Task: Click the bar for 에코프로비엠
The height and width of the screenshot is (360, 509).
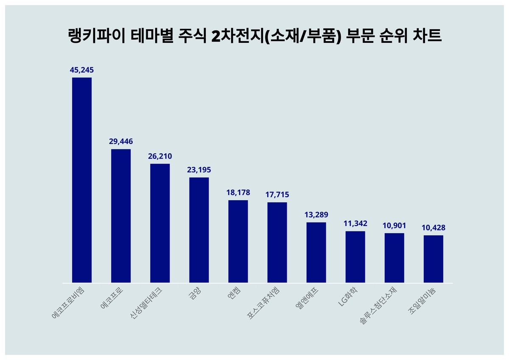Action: click(82, 180)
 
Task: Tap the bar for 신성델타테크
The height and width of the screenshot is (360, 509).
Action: click(160, 223)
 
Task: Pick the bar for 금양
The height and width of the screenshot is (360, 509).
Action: click(199, 230)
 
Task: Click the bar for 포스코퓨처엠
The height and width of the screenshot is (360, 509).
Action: click(277, 242)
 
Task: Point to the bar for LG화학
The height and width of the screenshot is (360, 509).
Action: click(355, 257)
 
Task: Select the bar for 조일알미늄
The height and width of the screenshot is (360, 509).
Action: click(433, 259)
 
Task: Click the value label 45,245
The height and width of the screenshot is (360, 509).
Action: click(82, 70)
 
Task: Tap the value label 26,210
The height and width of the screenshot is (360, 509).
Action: click(160, 156)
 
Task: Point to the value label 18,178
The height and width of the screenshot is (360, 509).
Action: click(238, 192)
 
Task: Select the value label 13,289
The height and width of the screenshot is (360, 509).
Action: click(316, 215)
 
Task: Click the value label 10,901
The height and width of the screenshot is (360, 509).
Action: click(394, 225)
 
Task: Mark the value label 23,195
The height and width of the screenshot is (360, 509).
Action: click(199, 170)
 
